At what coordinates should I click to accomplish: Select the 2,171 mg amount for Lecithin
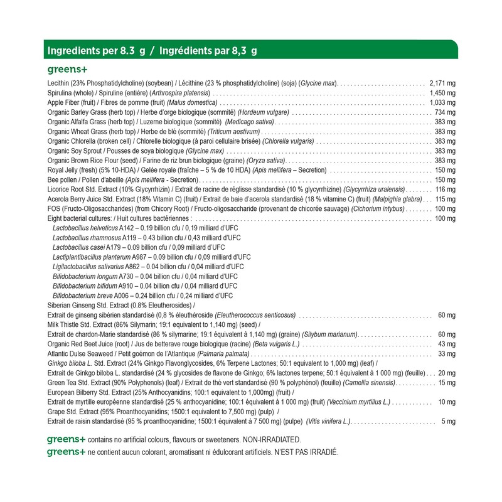[442, 83]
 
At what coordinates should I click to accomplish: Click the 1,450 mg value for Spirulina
[442, 93]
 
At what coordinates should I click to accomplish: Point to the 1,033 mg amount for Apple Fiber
[442, 102]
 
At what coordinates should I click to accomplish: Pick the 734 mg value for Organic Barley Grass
[445, 112]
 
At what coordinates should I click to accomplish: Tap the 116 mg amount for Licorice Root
[445, 190]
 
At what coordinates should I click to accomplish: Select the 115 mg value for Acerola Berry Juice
[445, 200]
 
